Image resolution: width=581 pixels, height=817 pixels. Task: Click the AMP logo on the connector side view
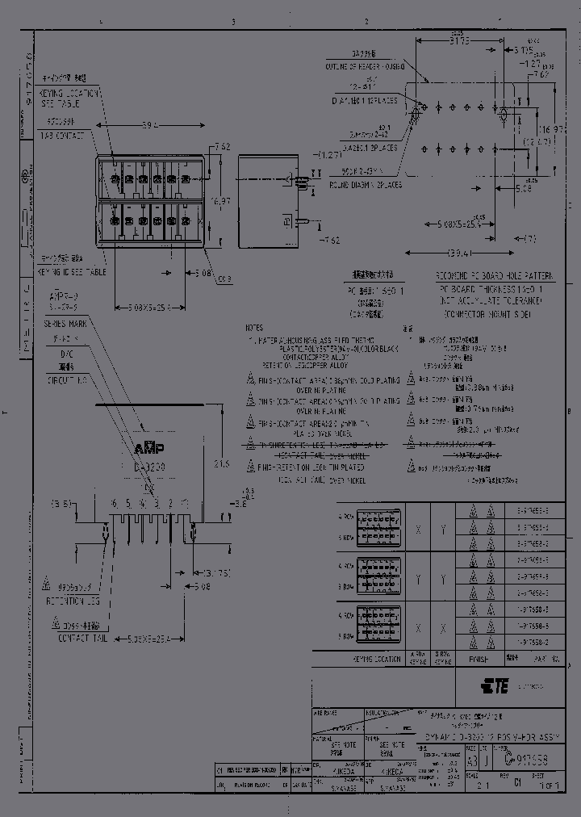(x=148, y=448)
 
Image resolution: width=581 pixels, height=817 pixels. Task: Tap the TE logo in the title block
(x=494, y=687)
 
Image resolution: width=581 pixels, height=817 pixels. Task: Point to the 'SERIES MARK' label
(x=61, y=323)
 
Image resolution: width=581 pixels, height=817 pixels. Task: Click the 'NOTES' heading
(x=254, y=329)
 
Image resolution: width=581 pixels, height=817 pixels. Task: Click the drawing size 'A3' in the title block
(x=472, y=761)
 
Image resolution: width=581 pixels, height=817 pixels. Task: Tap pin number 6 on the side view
(x=115, y=502)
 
